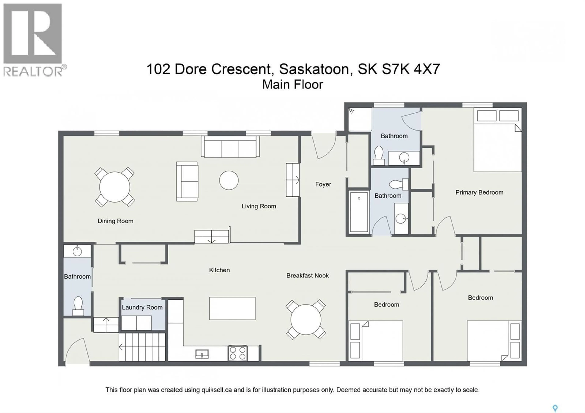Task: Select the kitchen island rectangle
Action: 232,308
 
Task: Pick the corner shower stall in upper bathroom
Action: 360,119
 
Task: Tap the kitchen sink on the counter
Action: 202,354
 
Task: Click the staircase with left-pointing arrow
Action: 142,347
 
